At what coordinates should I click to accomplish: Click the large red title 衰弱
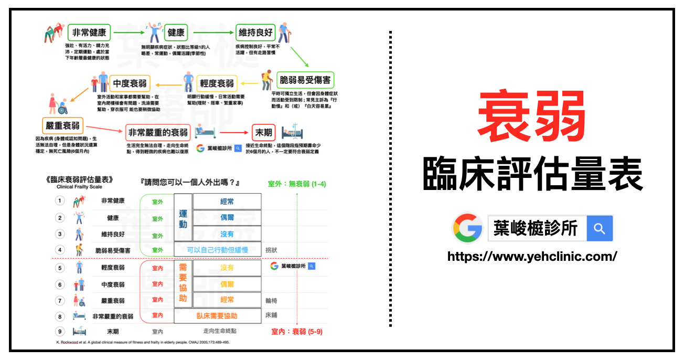[532, 120]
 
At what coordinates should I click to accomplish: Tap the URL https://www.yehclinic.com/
[532, 257]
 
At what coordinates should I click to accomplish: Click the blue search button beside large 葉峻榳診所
[600, 229]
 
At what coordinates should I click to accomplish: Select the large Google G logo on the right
[468, 228]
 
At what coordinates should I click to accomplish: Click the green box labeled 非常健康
[89, 33]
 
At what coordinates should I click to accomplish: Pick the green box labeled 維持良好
[255, 33]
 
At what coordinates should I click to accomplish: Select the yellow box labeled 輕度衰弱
[217, 83]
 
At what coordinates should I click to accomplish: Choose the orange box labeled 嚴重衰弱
[62, 126]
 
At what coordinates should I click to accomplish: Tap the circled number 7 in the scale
[60, 301]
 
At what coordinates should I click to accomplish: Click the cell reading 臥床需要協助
[217, 316]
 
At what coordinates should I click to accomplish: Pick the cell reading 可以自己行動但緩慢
[217, 250]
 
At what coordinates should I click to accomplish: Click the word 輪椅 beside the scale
[271, 301]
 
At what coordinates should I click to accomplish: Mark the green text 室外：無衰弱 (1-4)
[297, 184]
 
